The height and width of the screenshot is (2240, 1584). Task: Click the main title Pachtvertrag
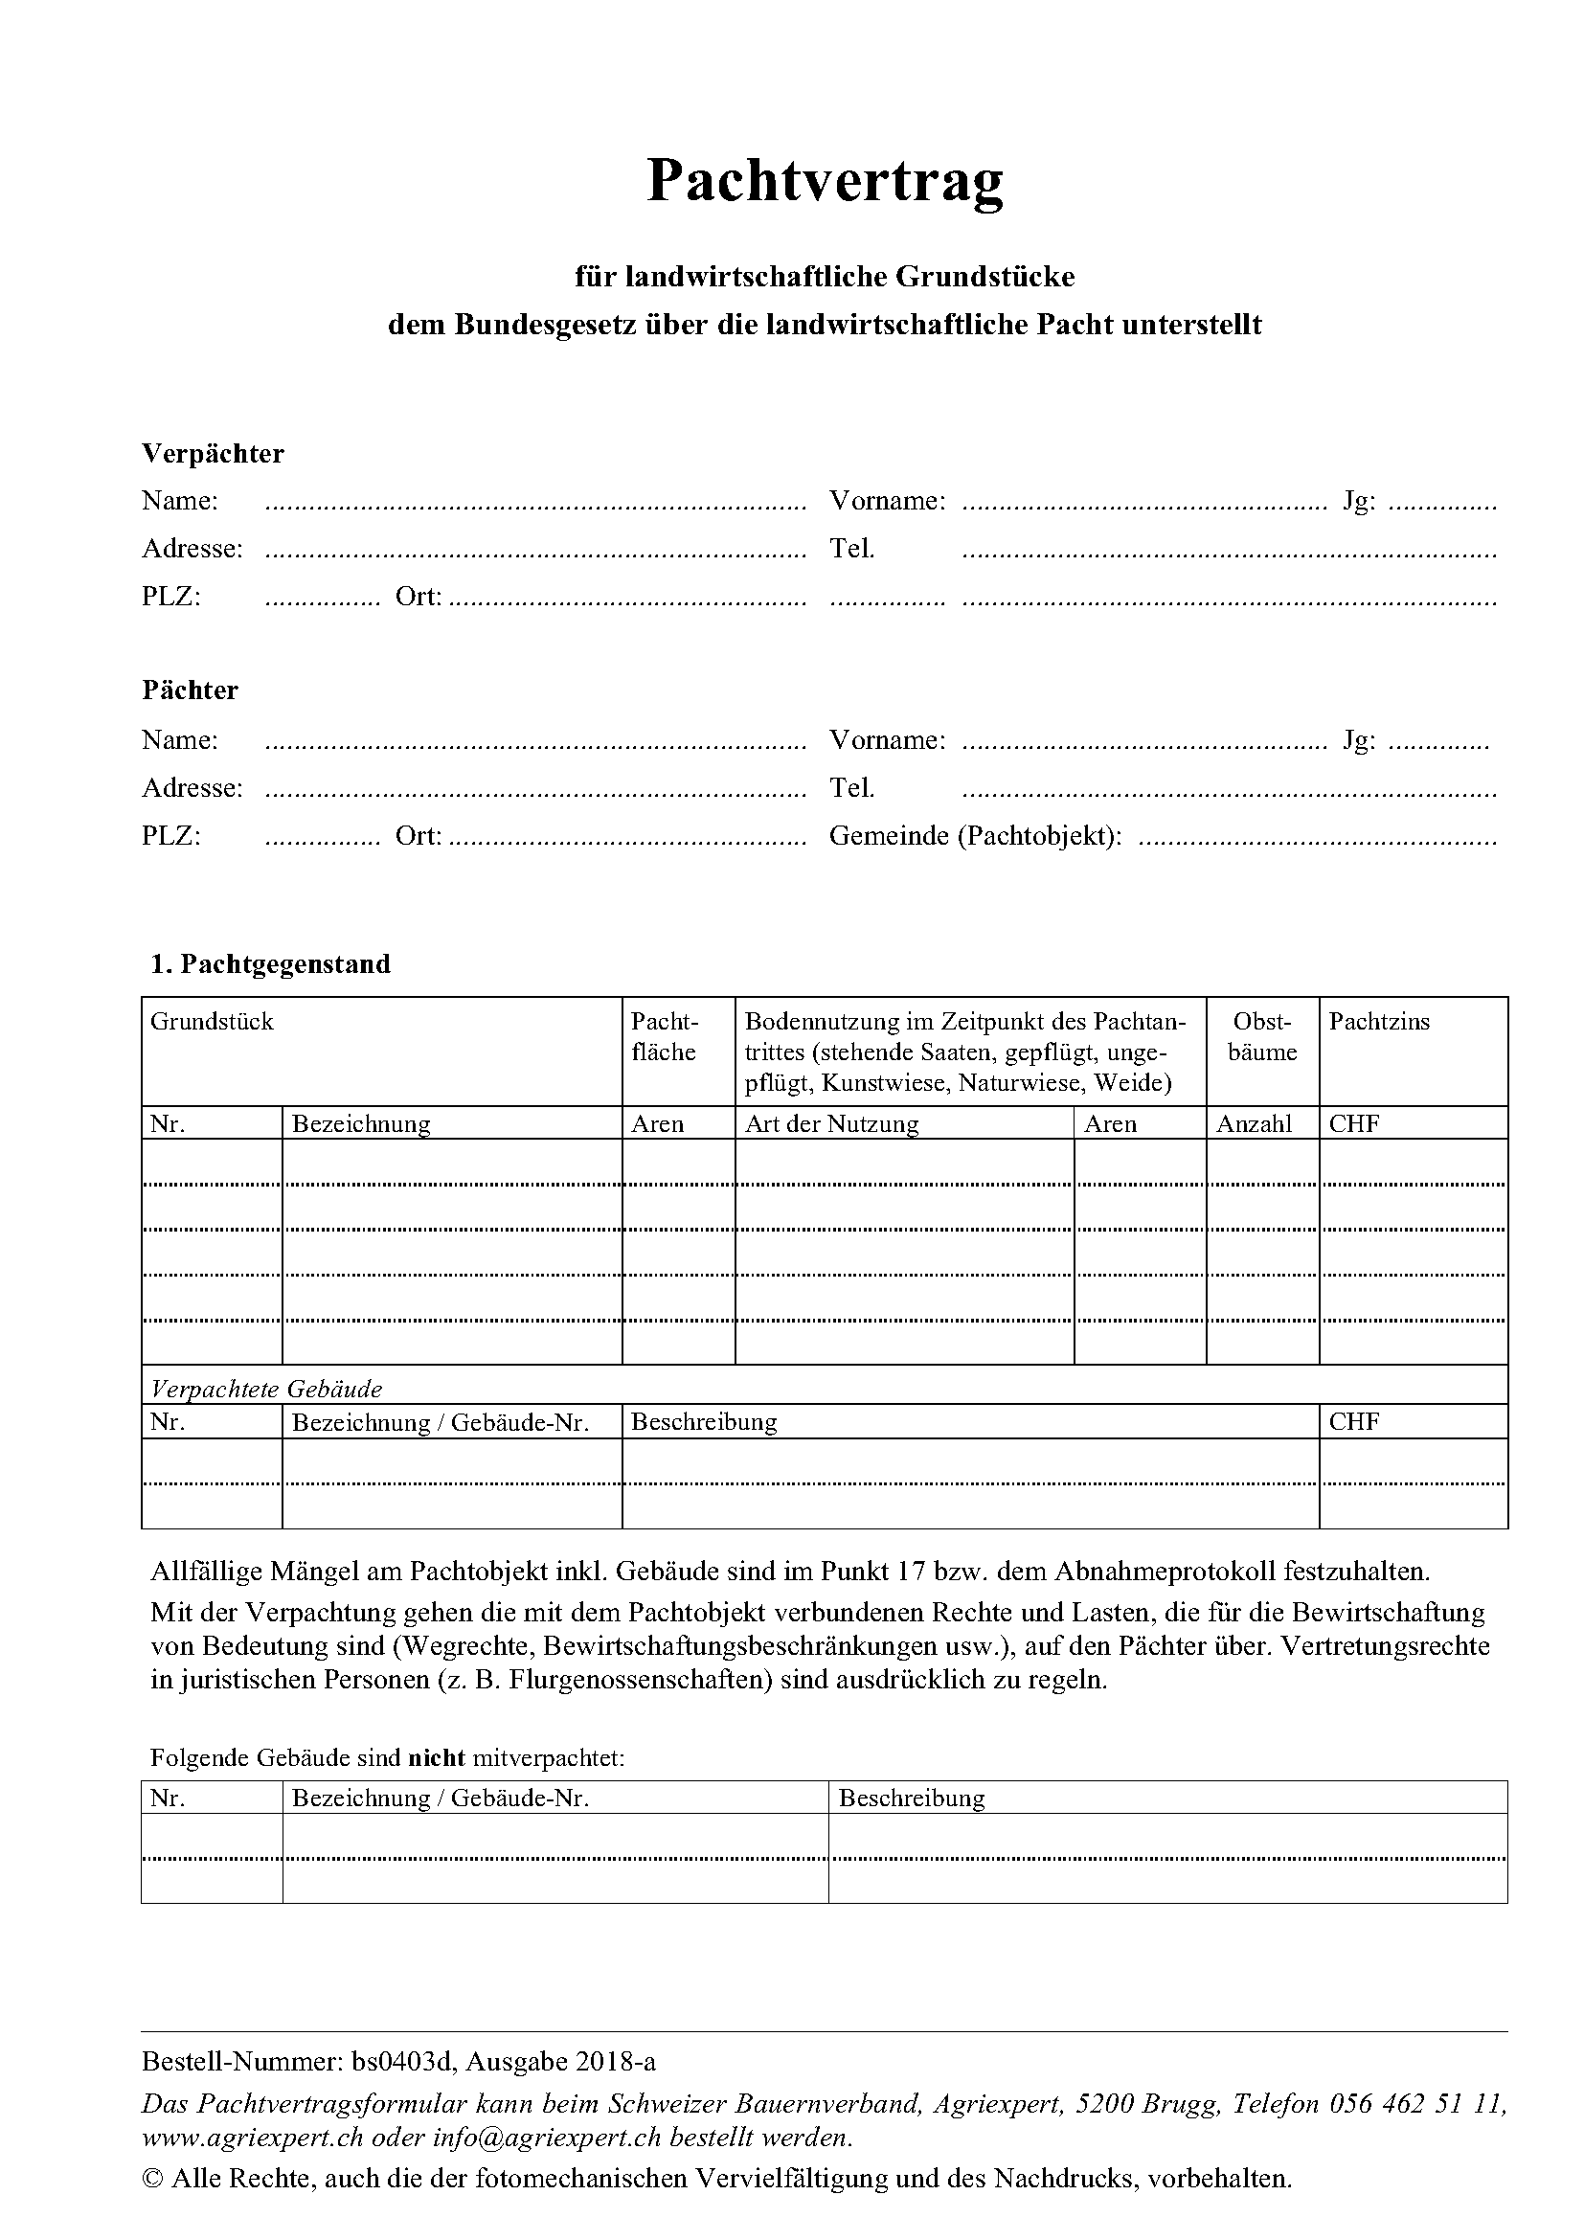(825, 181)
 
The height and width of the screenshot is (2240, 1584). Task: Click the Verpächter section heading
(213, 454)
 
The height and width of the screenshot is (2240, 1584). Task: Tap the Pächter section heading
(190, 690)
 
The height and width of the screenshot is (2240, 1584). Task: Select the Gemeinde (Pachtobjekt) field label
(974, 836)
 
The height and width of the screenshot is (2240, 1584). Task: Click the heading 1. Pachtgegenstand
(270, 964)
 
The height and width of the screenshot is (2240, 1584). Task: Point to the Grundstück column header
(212, 1022)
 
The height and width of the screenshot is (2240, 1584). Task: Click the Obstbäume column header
(1261, 1037)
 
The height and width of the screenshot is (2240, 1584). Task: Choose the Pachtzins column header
(1378, 1022)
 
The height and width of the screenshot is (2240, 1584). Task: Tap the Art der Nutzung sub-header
(832, 1124)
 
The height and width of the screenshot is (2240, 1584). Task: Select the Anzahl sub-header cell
(1254, 1124)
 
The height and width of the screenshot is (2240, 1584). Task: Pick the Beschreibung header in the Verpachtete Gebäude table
(703, 1421)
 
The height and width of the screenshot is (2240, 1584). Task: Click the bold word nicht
(436, 1758)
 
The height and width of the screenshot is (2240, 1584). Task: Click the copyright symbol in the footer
(153, 2180)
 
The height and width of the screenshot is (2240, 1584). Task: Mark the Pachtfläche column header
(665, 1037)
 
